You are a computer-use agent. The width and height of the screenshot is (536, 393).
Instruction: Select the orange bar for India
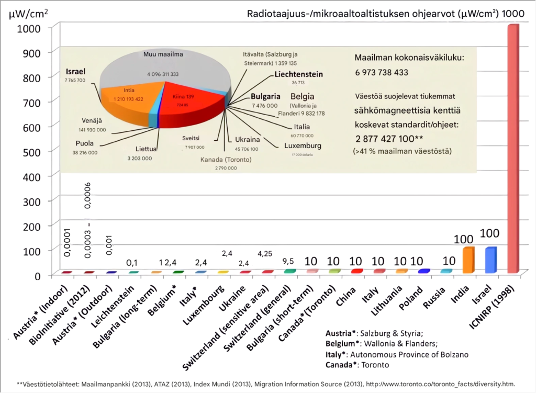(x=468, y=261)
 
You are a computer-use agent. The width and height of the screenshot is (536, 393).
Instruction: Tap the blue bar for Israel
(x=490, y=261)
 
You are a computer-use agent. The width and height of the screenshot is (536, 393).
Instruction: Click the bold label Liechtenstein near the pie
(x=298, y=74)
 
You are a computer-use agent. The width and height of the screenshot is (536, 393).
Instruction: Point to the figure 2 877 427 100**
(x=385, y=138)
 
